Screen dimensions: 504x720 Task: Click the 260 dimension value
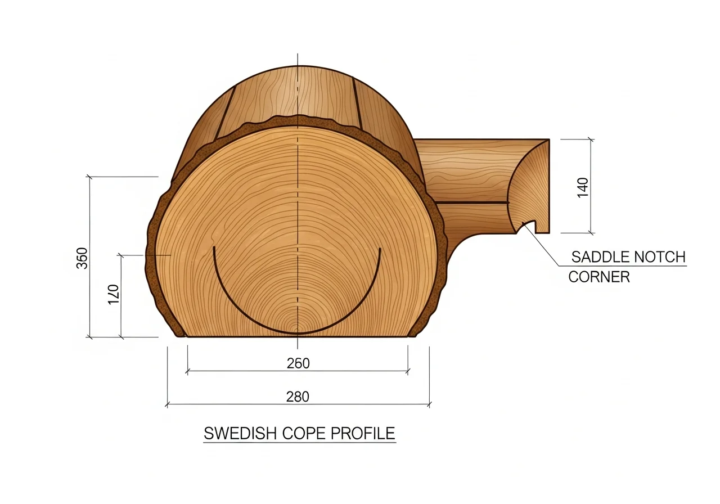tap(298, 363)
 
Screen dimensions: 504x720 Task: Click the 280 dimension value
tap(298, 397)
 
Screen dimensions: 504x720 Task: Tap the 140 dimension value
tap(582, 186)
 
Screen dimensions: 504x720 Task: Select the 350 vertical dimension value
tap(82, 258)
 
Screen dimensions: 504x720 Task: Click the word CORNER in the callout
tap(599, 277)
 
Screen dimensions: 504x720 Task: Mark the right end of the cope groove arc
tap(380, 249)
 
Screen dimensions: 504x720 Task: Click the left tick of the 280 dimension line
tap(168, 404)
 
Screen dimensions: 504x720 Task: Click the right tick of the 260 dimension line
tap(408, 371)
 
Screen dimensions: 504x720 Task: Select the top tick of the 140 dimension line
tap(591, 139)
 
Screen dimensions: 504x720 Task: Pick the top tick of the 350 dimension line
tap(90, 177)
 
